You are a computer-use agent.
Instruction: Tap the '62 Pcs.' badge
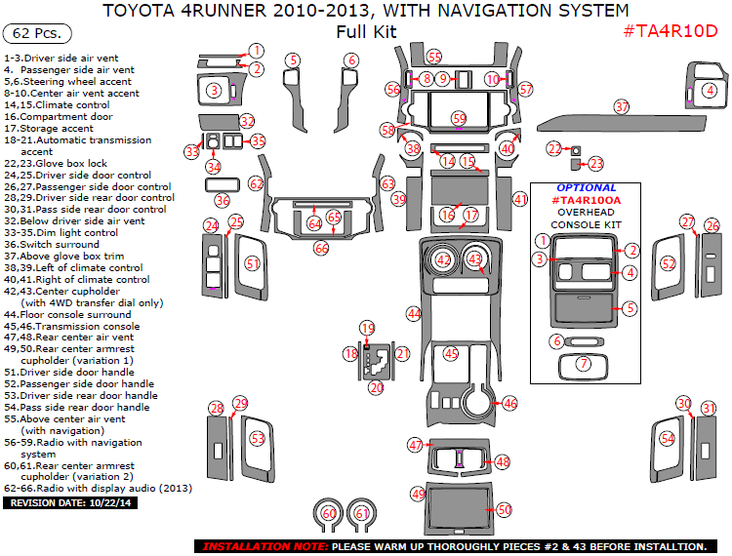point(37,33)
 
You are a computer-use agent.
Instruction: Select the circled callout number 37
point(622,106)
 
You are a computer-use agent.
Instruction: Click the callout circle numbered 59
point(459,118)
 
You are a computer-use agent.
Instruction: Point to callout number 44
point(414,313)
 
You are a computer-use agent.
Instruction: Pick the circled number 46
point(509,403)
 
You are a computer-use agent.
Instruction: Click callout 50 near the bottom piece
point(504,509)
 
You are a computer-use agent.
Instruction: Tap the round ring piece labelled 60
point(329,513)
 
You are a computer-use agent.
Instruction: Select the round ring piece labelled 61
point(362,513)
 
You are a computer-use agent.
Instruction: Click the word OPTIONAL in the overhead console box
point(586,187)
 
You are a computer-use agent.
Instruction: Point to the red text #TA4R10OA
point(586,200)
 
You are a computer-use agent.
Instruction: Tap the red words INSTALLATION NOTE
point(261,546)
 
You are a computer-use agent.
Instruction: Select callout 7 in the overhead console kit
point(584,364)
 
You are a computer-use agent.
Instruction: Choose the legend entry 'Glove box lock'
point(68,163)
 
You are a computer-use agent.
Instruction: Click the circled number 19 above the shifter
point(367,328)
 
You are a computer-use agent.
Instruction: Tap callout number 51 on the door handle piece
point(253,263)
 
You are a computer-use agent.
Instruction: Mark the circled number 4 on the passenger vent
point(710,90)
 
